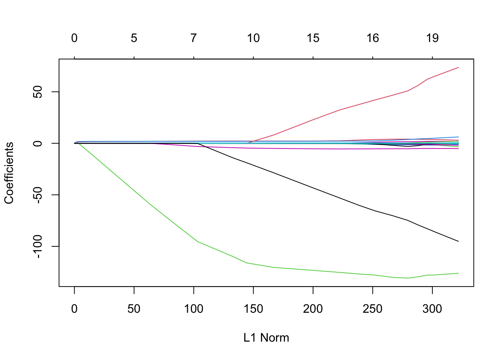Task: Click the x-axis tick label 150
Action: tap(253, 309)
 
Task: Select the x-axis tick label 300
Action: tap(432, 309)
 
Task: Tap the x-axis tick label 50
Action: tap(134, 309)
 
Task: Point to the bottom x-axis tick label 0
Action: tap(74, 309)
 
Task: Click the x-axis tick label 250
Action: tap(372, 309)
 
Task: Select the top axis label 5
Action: tap(134, 38)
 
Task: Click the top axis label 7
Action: tap(193, 38)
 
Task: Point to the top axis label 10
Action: tap(253, 38)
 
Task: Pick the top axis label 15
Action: tap(313, 38)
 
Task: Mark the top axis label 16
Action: tap(372, 38)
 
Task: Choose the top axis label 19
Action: tap(432, 38)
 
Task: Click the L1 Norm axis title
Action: tap(266, 338)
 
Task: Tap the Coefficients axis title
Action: tap(9, 173)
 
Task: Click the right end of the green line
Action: tap(458, 273)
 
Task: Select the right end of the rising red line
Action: tap(458, 67)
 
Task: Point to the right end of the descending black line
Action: tap(458, 241)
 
